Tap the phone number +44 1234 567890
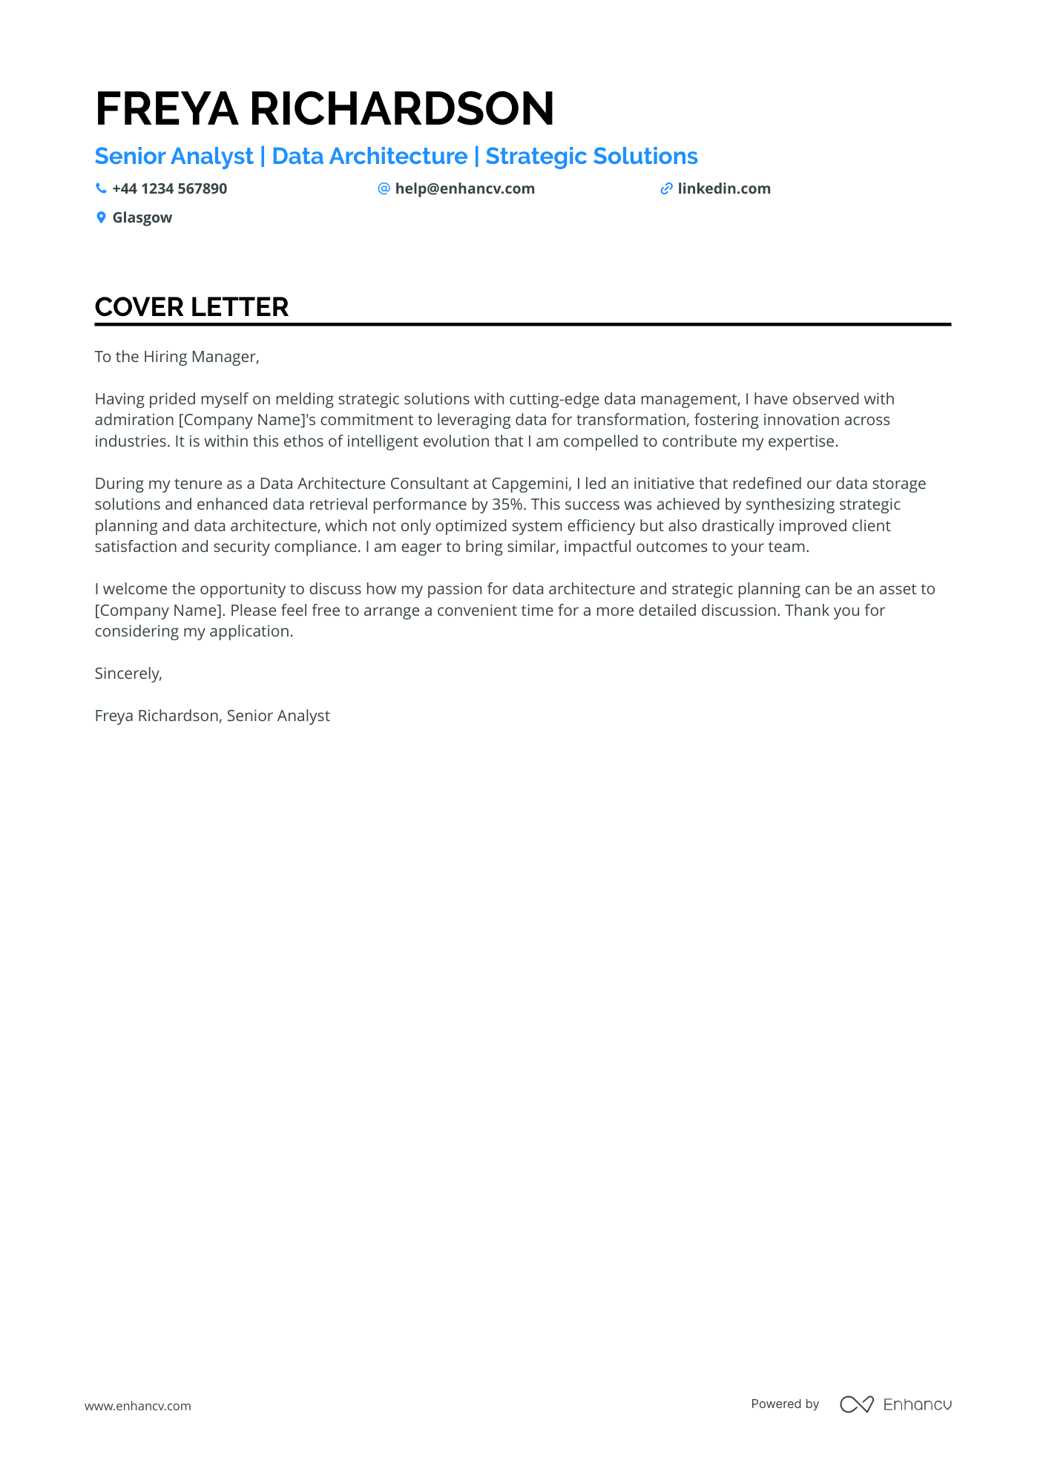pyautogui.click(x=169, y=189)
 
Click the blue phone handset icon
pyautogui.click(x=101, y=189)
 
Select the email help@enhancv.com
pyautogui.click(x=464, y=189)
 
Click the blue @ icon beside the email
pyautogui.click(x=384, y=189)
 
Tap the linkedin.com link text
pyautogui.click(x=723, y=189)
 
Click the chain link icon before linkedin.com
pyautogui.click(x=666, y=189)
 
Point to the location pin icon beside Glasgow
pyautogui.click(x=101, y=218)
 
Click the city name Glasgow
pyautogui.click(x=142, y=218)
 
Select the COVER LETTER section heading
pyautogui.click(x=191, y=307)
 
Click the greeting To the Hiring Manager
pyautogui.click(x=177, y=357)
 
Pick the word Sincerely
pyautogui.click(x=128, y=674)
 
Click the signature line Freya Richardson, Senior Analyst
pyautogui.click(x=212, y=716)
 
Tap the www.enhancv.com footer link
pyautogui.click(x=137, y=1406)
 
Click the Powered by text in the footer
pyautogui.click(x=784, y=1404)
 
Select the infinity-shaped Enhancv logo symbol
pyautogui.click(x=856, y=1404)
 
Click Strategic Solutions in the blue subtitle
pyautogui.click(x=591, y=157)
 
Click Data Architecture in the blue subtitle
pyautogui.click(x=369, y=157)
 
